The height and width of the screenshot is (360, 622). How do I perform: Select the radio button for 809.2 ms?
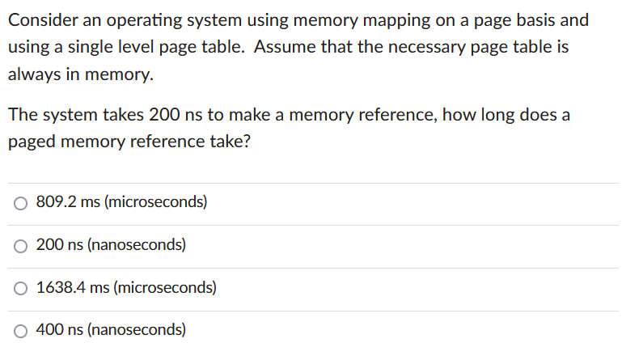pyautogui.click(x=21, y=203)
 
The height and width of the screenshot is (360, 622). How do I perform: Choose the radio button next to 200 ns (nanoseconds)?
pyautogui.click(x=21, y=245)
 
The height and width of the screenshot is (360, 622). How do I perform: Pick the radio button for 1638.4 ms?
pyautogui.click(x=21, y=288)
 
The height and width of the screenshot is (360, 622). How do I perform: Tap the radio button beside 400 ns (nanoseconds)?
pyautogui.click(x=21, y=330)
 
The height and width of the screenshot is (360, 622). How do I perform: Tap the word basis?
pyautogui.click(x=531, y=19)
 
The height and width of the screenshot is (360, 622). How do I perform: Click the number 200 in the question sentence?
pyautogui.click(x=165, y=115)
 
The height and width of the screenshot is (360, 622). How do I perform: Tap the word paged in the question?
pyautogui.click(x=32, y=142)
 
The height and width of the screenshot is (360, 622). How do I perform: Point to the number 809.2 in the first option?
pyautogui.click(x=55, y=202)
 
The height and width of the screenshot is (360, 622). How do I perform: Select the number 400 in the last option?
pyautogui.click(x=49, y=329)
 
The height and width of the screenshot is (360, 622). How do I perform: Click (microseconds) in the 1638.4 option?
pyautogui.click(x=165, y=287)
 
